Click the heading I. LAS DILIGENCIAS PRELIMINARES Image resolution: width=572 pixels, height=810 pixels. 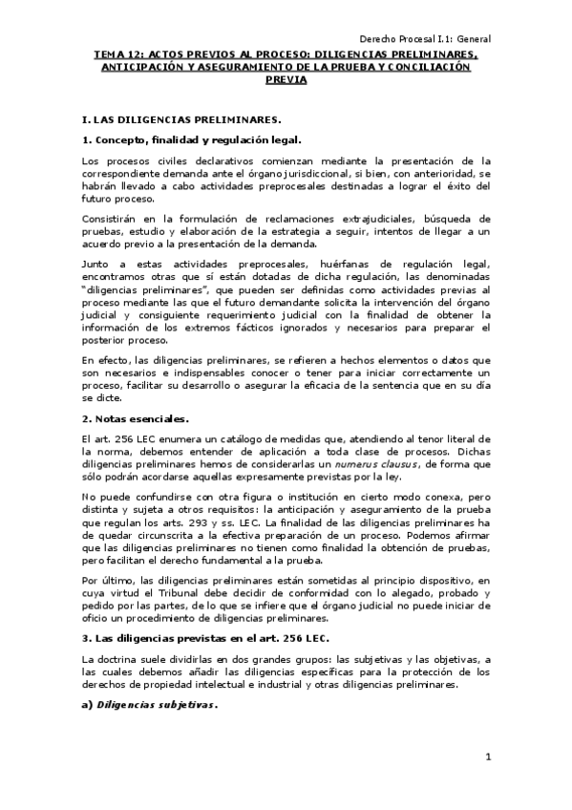tap(182, 120)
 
